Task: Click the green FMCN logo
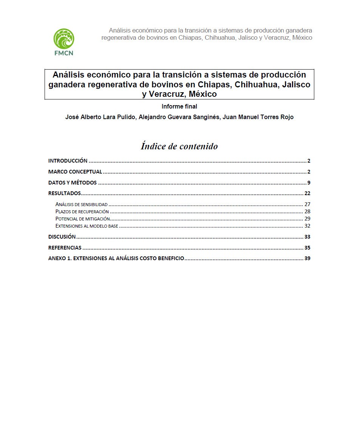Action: (63, 41)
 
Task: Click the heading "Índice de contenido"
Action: (179, 146)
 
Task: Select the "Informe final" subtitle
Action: (179, 107)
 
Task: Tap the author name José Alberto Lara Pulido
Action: (100, 117)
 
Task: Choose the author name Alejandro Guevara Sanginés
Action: (179, 117)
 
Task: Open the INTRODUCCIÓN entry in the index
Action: (68, 161)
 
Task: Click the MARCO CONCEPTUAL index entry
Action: (75, 172)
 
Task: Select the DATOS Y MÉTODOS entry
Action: (73, 183)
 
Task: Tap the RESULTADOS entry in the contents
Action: (65, 193)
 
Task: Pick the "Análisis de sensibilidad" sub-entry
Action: (82, 205)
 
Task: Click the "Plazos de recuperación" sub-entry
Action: (82, 212)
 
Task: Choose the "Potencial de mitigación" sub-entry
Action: (83, 219)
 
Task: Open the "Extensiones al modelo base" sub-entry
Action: (87, 226)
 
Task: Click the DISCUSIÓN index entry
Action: (62, 237)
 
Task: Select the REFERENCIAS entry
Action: (65, 248)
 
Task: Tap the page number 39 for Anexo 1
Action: (307, 259)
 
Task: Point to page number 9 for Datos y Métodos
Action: (309, 183)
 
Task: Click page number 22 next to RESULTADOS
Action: (307, 193)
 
